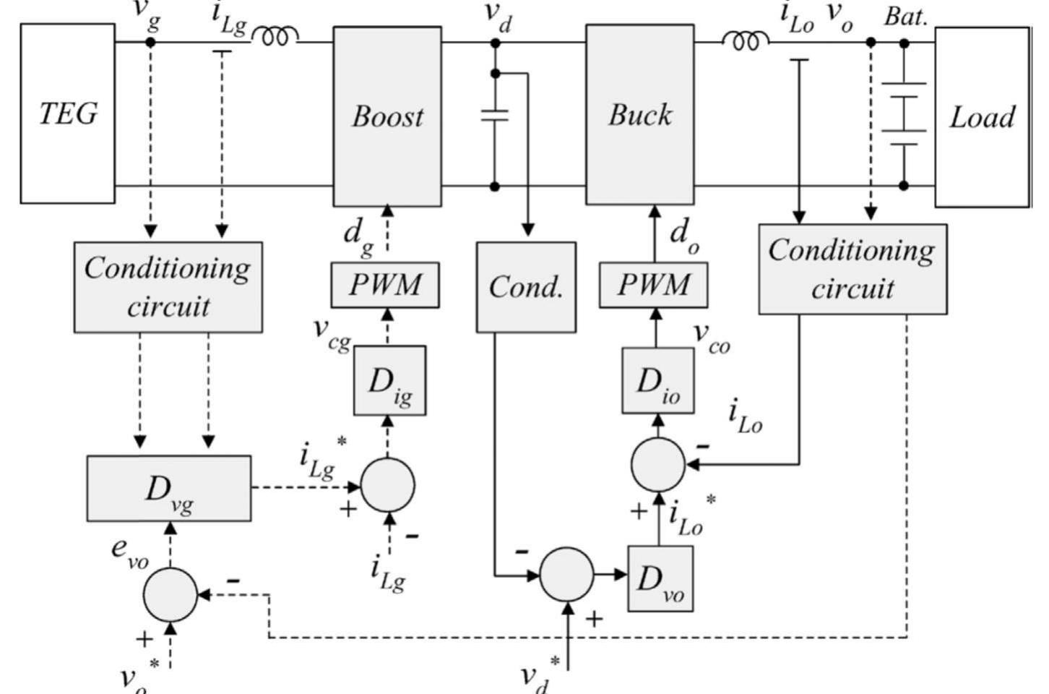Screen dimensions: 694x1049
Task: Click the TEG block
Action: [67, 113]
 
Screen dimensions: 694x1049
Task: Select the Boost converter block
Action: [387, 116]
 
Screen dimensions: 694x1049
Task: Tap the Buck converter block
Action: [639, 114]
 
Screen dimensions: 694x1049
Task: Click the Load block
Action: [982, 116]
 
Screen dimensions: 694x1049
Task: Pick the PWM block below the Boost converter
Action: [385, 285]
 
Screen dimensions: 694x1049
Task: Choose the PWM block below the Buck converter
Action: [653, 285]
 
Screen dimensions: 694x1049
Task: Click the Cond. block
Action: [526, 287]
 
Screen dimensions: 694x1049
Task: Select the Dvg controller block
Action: [169, 488]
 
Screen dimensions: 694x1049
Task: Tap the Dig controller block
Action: [389, 380]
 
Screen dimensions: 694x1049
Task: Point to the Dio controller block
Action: [657, 380]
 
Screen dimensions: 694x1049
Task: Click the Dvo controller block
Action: [660, 578]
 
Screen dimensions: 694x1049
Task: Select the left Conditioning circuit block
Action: [168, 287]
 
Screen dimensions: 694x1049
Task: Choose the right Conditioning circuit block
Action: [852, 269]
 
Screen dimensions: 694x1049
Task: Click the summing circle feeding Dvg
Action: [170, 594]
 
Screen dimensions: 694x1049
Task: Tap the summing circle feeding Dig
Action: [388, 485]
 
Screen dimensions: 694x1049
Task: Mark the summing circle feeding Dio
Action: [657, 465]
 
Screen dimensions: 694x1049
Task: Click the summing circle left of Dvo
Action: [567, 575]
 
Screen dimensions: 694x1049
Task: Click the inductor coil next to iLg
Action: [275, 36]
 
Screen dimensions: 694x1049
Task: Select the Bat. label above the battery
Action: [905, 17]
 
